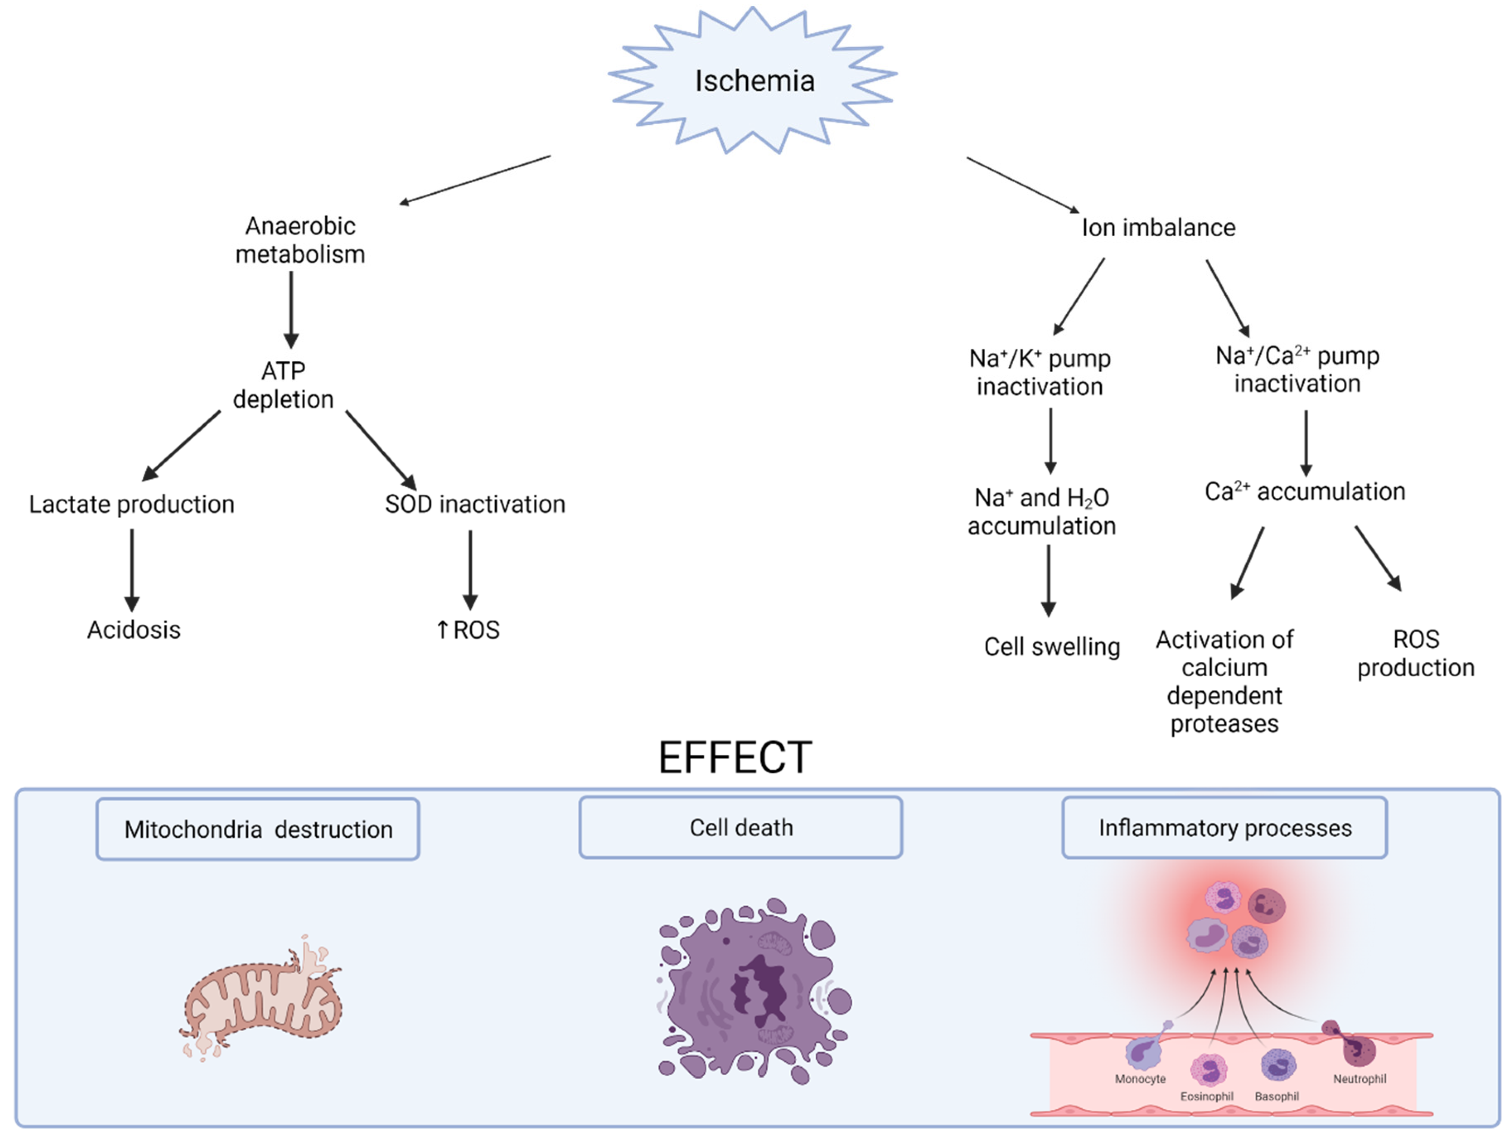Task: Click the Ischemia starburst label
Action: (x=754, y=81)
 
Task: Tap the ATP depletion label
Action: (x=283, y=385)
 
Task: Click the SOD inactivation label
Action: (x=475, y=504)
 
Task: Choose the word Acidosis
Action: (x=134, y=630)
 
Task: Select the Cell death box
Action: (x=741, y=828)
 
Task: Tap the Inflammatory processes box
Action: (x=1225, y=828)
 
